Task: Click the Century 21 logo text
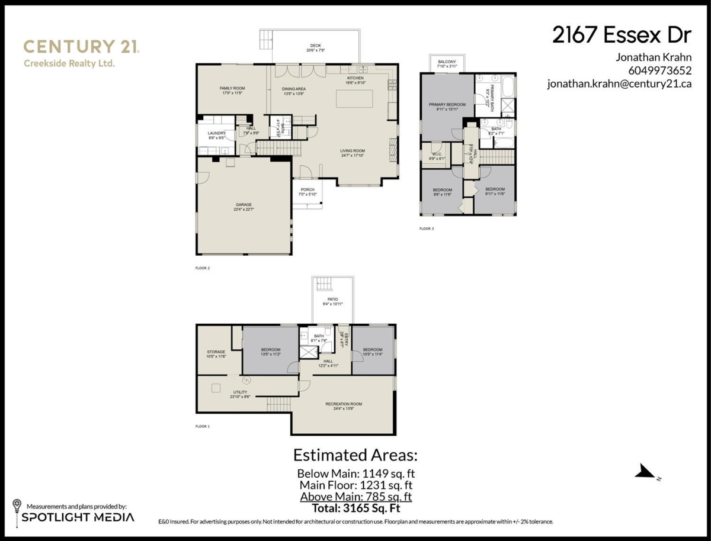[81, 47]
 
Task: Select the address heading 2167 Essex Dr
[622, 36]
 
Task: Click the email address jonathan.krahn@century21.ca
[619, 84]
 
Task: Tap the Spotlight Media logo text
[78, 517]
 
